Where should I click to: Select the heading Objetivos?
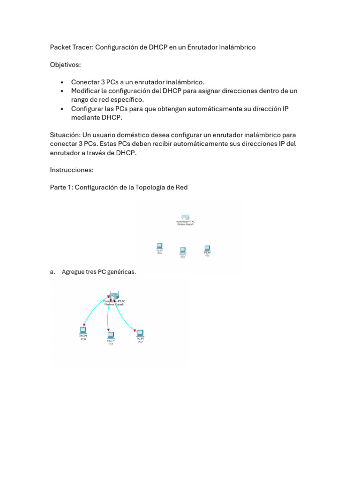tap(66, 65)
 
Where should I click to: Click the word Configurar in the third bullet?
tap(88, 109)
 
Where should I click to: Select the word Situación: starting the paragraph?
tap(65, 135)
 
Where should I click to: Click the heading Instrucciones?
tap(72, 170)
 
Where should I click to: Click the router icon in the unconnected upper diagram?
tap(186, 217)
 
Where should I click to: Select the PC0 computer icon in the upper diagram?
tap(159, 246)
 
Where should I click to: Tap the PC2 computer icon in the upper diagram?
tap(207, 248)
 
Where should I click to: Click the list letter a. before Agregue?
tap(52, 272)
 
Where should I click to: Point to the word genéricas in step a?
tap(121, 272)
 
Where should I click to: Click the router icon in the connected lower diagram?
tap(112, 295)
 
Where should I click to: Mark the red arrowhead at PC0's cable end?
tap(83, 325)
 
